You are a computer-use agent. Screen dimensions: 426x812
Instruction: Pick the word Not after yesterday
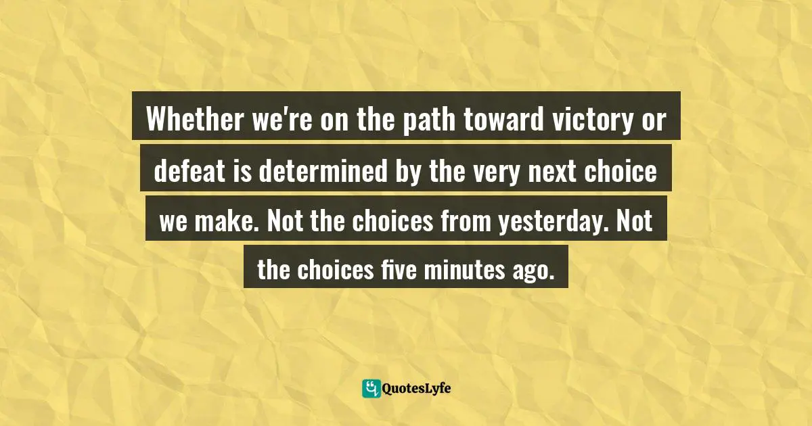[x=635, y=223]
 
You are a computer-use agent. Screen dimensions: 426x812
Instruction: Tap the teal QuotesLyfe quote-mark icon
[x=371, y=388]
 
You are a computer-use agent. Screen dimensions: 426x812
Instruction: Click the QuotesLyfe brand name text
[x=417, y=388]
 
